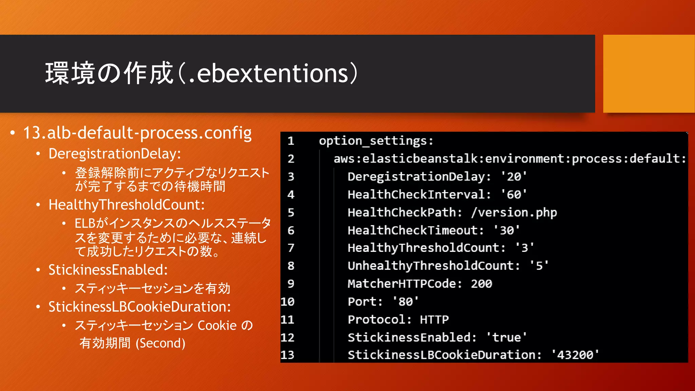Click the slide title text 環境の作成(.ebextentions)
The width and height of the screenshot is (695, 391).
coord(202,73)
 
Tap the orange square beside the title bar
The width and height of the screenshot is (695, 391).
coord(649,74)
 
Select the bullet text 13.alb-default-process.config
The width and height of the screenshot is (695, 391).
coord(137,133)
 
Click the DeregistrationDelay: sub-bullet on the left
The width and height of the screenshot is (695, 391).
coord(115,154)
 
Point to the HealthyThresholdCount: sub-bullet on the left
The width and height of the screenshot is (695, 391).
coord(127,205)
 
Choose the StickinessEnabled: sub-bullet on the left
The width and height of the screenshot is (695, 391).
coord(108,270)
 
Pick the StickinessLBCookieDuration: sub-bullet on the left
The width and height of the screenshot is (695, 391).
coord(139,307)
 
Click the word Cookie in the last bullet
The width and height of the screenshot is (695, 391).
coord(217,325)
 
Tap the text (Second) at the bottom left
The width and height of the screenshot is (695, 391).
coord(161,343)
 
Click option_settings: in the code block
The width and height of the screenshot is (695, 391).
coord(376,141)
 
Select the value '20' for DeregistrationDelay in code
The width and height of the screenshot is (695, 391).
coord(514,176)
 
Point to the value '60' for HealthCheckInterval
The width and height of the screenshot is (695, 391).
coord(514,194)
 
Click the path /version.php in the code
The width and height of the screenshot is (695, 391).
coord(514,212)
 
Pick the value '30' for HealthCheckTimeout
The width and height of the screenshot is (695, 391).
coord(507,230)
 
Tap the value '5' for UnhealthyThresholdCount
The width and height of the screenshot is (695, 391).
coord(539,266)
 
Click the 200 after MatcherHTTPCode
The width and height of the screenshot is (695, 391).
coord(481,284)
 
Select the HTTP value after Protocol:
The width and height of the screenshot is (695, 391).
coord(434,319)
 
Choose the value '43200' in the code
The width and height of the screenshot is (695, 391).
coord(575,355)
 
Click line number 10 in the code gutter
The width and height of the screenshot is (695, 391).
coord(287,302)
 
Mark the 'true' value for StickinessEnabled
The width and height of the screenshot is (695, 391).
coord(506,337)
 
